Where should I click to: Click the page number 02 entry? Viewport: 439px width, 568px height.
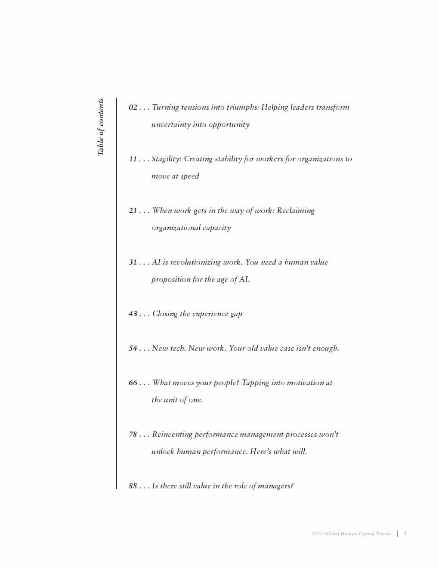point(133,107)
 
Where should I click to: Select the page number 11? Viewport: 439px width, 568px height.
point(133,159)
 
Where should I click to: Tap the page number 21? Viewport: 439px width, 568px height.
point(133,210)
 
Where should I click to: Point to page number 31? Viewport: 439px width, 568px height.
point(133,262)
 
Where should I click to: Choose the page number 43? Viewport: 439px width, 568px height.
point(133,314)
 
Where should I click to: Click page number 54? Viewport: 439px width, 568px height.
point(133,348)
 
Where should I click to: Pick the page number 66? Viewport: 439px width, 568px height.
point(133,383)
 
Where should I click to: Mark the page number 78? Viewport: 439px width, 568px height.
point(133,434)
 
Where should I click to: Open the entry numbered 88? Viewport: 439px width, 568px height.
point(133,486)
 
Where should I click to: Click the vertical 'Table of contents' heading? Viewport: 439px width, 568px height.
point(100,127)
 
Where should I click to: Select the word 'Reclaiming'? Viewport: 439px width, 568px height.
point(296,210)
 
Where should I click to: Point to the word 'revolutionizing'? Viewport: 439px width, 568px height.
point(195,262)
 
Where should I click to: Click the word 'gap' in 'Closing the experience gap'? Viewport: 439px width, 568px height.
point(236,314)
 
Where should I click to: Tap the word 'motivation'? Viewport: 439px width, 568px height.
point(306,383)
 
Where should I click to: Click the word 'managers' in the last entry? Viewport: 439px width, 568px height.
point(275,486)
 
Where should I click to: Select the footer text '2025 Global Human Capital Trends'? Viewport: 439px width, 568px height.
point(351,534)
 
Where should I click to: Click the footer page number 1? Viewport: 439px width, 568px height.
point(405,534)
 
